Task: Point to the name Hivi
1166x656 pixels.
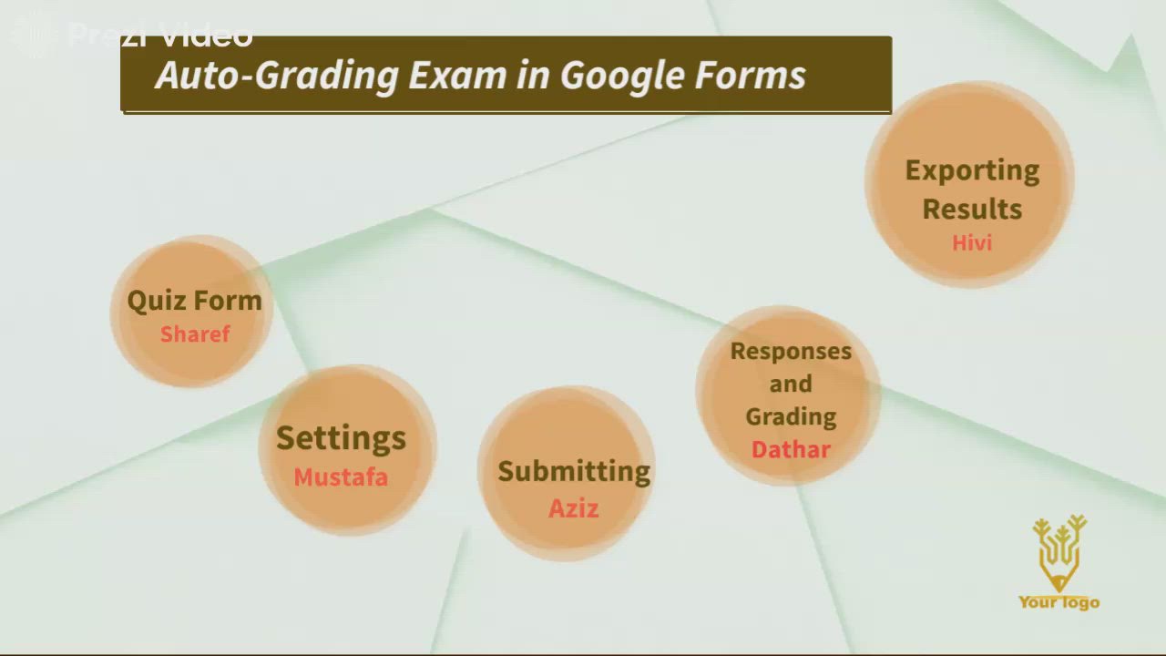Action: click(972, 243)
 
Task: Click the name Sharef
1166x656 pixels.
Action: click(195, 334)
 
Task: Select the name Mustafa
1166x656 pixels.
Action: click(341, 477)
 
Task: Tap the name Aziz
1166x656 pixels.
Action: click(573, 508)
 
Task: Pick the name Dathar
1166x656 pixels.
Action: click(791, 450)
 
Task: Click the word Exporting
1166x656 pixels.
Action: click(972, 170)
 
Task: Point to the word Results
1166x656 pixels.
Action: click(972, 209)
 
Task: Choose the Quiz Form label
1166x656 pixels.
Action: click(194, 301)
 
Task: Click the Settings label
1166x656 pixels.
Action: click(341, 437)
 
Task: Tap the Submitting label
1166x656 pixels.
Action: click(574, 471)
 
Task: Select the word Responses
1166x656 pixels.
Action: click(791, 351)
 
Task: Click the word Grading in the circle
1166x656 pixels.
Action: click(791, 416)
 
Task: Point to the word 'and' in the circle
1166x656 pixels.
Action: click(791, 384)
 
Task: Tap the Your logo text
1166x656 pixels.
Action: click(1059, 601)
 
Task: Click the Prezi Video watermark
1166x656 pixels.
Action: click(137, 35)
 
